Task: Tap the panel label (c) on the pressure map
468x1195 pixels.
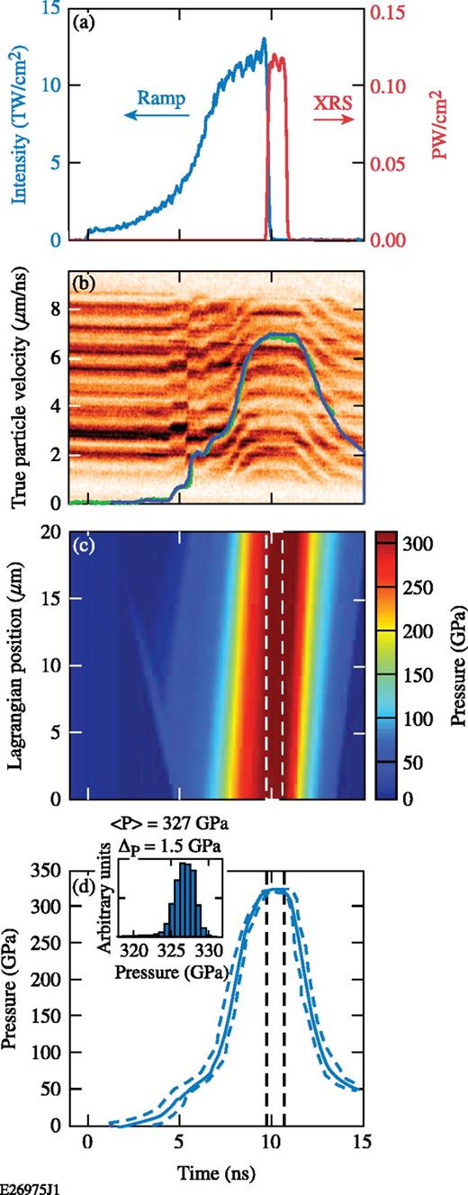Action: (85, 543)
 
